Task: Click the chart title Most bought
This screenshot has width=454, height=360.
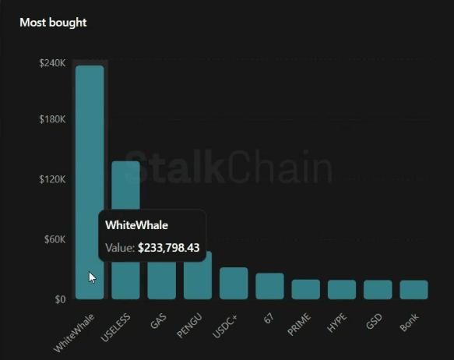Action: (x=53, y=23)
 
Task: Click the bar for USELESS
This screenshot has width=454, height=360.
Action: (x=125, y=187)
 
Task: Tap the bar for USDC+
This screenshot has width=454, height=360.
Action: (x=234, y=284)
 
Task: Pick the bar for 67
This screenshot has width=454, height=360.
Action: (x=269, y=286)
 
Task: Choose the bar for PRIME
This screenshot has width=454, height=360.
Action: (x=306, y=289)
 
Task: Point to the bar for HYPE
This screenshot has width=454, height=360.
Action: (x=342, y=290)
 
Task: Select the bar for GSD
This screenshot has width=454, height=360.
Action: (x=378, y=290)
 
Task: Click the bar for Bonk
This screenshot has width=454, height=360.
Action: (x=414, y=290)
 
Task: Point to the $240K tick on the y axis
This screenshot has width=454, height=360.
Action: (x=52, y=63)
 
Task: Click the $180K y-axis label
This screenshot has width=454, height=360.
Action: (x=52, y=120)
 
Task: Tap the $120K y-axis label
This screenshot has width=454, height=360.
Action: (x=52, y=179)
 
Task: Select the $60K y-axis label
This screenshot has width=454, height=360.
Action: (x=55, y=239)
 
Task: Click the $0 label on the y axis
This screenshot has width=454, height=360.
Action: (x=60, y=299)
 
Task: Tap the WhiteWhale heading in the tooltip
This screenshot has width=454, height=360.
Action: (x=136, y=226)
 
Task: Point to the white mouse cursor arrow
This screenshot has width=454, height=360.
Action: (x=92, y=277)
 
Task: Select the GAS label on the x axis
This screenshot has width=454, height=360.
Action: (x=158, y=319)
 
